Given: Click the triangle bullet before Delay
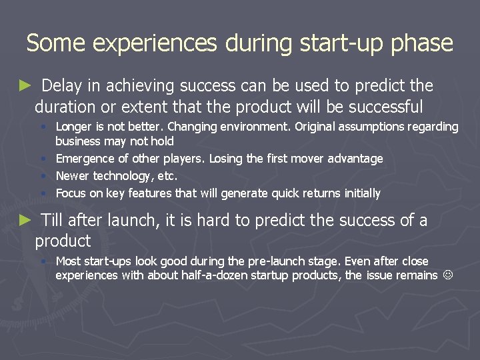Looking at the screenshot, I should click(25, 85).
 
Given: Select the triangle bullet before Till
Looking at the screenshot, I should click(25, 220).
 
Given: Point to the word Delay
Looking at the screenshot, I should click(63, 86).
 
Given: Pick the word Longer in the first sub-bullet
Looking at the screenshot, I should click(74, 127).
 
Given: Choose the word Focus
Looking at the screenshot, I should click(70, 193).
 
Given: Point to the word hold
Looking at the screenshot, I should click(163, 141).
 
